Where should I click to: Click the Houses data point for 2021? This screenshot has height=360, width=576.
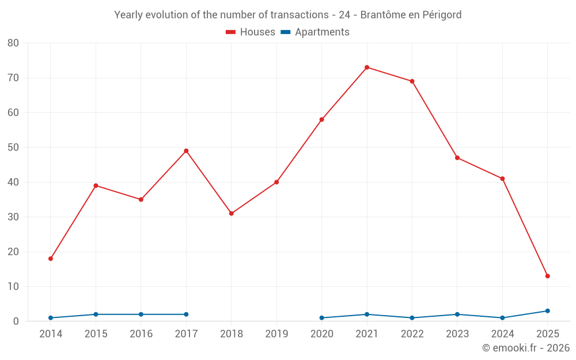367,67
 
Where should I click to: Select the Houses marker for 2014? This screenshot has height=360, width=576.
51,259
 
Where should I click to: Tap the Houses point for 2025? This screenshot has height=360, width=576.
547,276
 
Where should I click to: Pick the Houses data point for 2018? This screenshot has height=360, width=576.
232,214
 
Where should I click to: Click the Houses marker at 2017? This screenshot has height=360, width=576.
186,151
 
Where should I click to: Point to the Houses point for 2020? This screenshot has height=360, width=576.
321,120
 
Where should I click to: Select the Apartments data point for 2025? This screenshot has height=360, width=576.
547,311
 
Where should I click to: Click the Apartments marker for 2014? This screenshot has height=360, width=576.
51,318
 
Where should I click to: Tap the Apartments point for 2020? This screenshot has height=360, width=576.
321,318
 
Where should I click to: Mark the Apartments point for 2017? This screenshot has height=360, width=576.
186,314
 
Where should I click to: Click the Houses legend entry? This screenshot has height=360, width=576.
251,32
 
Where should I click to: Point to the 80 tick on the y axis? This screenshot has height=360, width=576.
13,43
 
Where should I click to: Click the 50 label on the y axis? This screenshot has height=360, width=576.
13,147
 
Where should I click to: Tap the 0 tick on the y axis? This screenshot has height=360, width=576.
16,321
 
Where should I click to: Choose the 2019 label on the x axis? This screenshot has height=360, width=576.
276,334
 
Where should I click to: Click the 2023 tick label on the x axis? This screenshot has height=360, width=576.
457,334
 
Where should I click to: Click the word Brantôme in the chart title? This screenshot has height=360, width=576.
382,15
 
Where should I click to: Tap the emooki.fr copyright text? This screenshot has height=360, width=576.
525,348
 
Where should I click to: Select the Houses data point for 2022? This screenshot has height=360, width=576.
412,81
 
